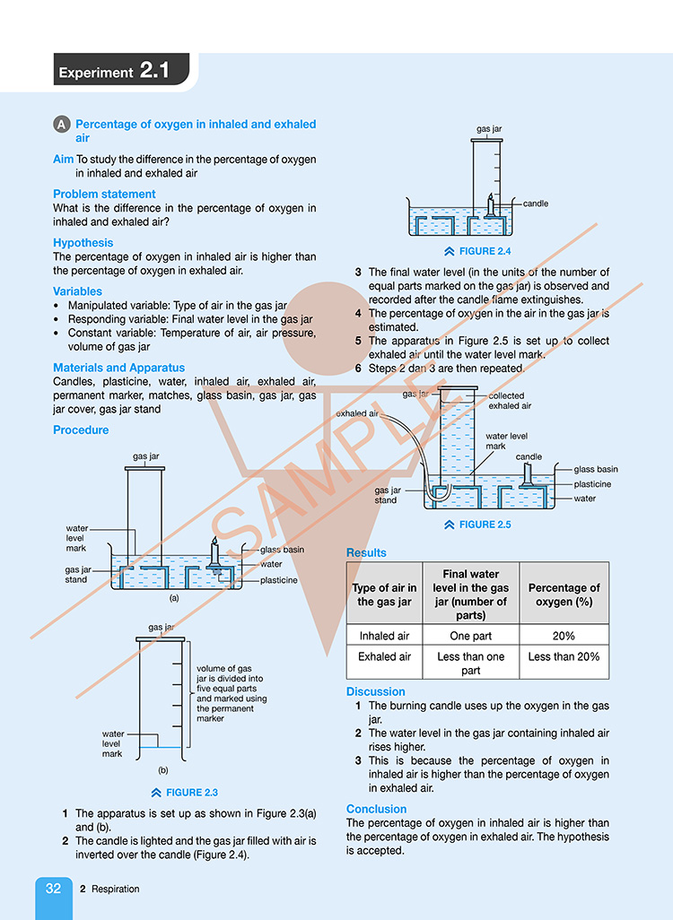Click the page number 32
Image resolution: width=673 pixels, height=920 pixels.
[x=54, y=889]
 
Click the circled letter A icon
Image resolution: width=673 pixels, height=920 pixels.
[x=62, y=125]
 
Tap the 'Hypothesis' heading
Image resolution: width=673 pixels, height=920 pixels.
[x=83, y=243]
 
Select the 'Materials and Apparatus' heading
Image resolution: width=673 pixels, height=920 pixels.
[x=118, y=368]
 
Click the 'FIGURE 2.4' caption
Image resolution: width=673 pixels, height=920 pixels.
[x=477, y=251]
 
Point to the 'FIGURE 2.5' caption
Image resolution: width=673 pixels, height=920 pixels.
[x=477, y=525]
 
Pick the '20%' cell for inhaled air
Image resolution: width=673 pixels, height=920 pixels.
[x=564, y=636]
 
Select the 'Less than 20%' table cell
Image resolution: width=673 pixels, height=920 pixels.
[x=564, y=656]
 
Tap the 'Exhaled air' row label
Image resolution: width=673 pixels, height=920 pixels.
[x=385, y=656]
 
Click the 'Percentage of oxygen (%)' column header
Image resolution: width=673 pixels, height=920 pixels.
[x=564, y=595]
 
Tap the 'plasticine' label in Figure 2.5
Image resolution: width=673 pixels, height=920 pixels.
[x=592, y=484]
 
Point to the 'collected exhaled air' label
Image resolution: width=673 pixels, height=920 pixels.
[x=510, y=401]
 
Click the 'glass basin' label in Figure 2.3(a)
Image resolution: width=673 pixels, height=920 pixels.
[x=283, y=550]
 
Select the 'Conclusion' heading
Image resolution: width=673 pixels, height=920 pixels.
[x=377, y=809]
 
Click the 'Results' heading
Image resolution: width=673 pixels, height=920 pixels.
[x=366, y=552]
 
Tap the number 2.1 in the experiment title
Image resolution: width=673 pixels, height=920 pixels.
[x=154, y=71]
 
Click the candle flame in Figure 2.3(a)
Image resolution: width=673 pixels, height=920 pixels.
[x=214, y=541]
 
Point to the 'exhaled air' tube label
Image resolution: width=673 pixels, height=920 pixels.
[x=357, y=413]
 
